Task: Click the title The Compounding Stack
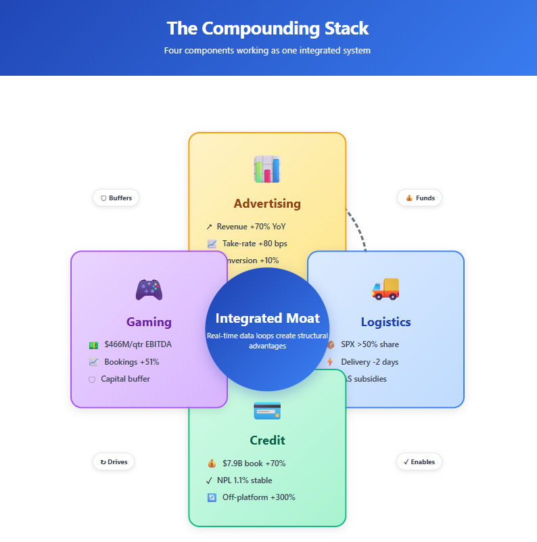click(x=268, y=28)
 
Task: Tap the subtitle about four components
click(x=267, y=50)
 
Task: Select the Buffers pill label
click(x=116, y=198)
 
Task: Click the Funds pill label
click(x=420, y=198)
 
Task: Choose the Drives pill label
click(x=114, y=462)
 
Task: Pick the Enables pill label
click(x=419, y=462)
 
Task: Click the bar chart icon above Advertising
click(x=267, y=169)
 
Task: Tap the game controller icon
click(x=149, y=290)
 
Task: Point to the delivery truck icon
click(x=386, y=289)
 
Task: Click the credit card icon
click(x=267, y=410)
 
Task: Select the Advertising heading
click(x=267, y=204)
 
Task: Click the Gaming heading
click(x=149, y=322)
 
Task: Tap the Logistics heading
click(x=386, y=322)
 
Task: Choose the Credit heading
click(x=267, y=441)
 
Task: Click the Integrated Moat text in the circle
click(x=267, y=318)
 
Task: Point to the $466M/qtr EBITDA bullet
click(x=137, y=344)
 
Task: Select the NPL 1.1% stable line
click(x=244, y=480)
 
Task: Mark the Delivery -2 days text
click(x=369, y=362)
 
